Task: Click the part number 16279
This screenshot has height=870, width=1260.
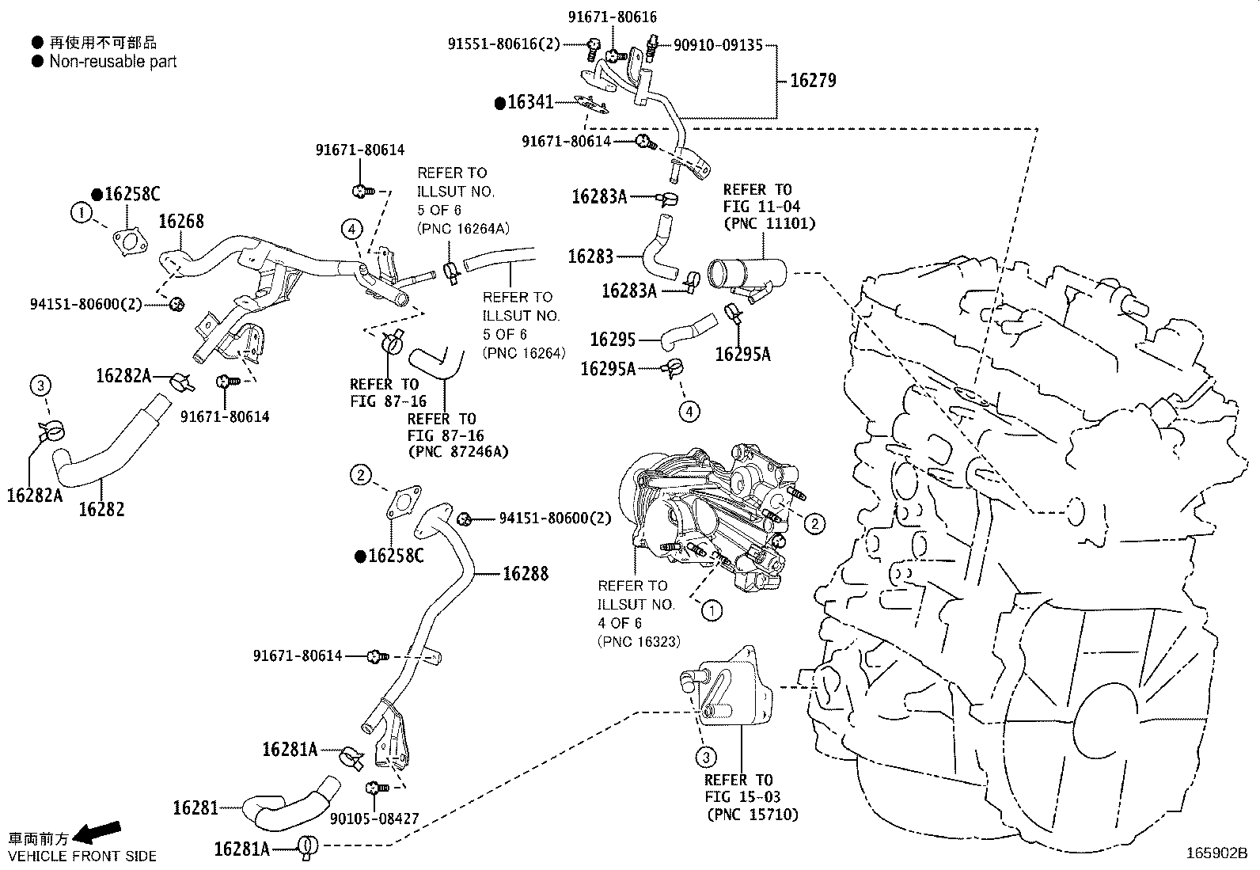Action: click(813, 81)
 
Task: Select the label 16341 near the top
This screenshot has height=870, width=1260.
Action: click(529, 102)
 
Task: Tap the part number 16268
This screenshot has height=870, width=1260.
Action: click(181, 222)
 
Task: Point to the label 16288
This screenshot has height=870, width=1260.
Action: click(526, 573)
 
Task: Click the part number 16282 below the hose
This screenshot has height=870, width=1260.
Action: click(101, 509)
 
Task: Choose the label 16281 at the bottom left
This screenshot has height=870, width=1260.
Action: click(195, 807)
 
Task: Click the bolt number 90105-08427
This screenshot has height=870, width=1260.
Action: click(375, 819)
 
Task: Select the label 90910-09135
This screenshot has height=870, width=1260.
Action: click(718, 45)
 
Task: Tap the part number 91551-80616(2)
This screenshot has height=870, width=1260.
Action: click(503, 45)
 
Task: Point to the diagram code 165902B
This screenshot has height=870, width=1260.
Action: click(1216, 853)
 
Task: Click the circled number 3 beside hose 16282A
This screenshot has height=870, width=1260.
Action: click(40, 386)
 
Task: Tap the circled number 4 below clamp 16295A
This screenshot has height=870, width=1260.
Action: click(689, 411)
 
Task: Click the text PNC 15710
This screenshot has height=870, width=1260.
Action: click(752, 815)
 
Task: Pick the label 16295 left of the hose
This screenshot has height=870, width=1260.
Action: click(613, 340)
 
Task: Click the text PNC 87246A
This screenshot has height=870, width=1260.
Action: click(458, 452)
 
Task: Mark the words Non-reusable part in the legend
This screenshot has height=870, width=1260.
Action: click(113, 62)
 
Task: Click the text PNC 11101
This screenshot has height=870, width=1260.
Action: click(769, 224)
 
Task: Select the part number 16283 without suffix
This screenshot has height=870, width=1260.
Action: click(590, 256)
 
